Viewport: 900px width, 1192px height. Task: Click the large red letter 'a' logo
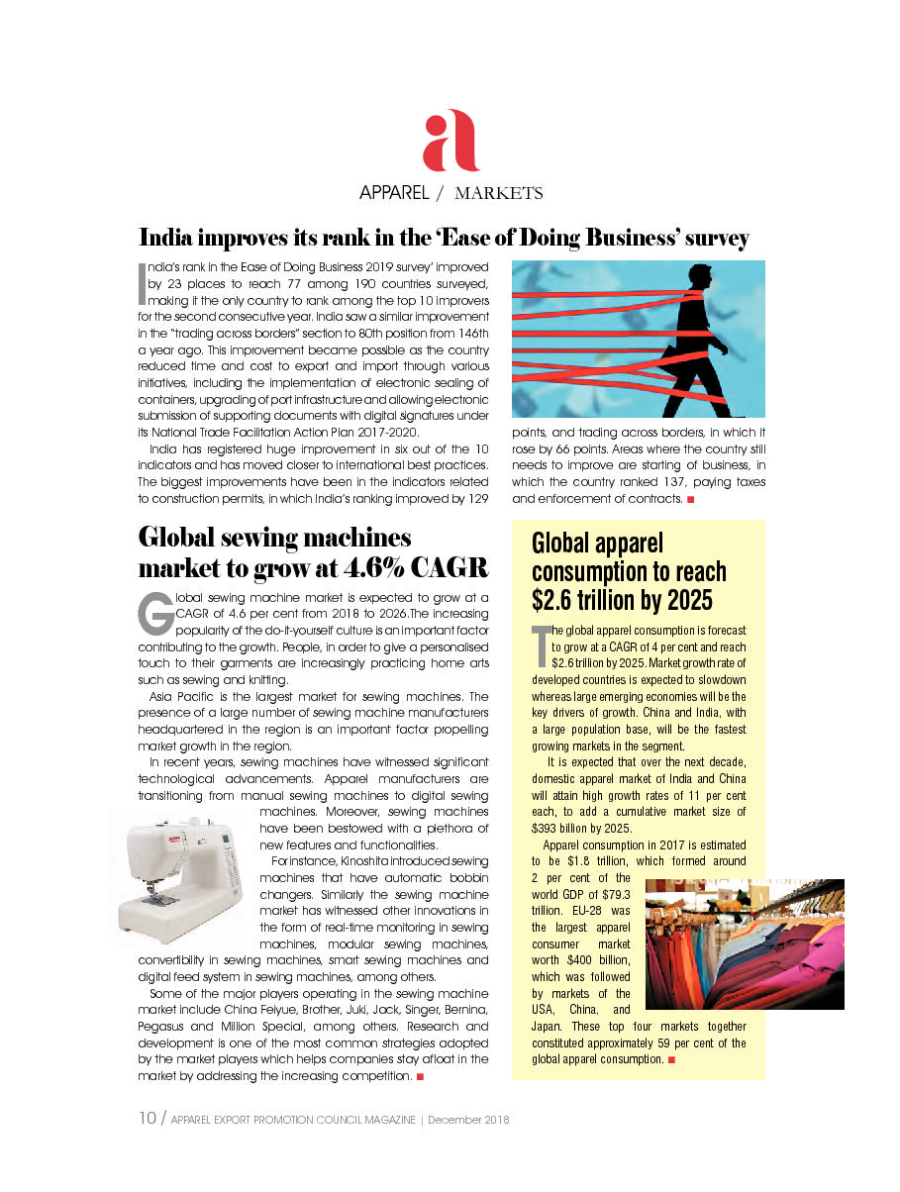pyautogui.click(x=450, y=141)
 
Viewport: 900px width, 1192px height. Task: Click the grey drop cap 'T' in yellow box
pyautogui.click(x=540, y=646)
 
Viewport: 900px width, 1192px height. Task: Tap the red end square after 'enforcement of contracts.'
pyautogui.click(x=689, y=498)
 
